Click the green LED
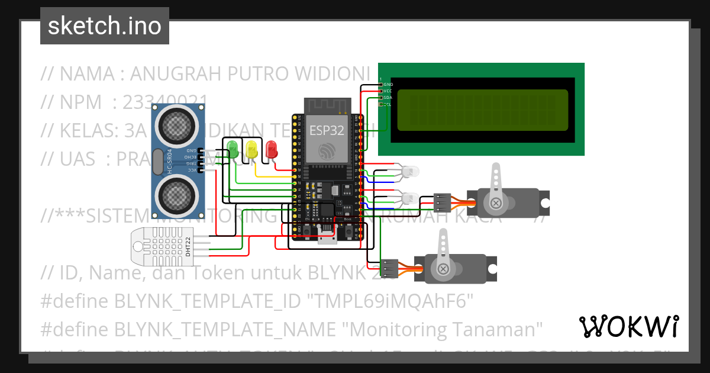click(x=233, y=148)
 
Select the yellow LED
click(x=252, y=148)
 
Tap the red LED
click(x=272, y=148)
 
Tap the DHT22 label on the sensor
click(x=188, y=246)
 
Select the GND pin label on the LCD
click(x=388, y=85)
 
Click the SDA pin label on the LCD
click(x=388, y=97)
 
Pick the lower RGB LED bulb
click(x=409, y=197)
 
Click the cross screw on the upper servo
click(x=496, y=203)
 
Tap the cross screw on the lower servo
click(x=443, y=269)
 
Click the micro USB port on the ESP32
click(x=326, y=237)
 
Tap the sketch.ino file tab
click(x=105, y=26)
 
